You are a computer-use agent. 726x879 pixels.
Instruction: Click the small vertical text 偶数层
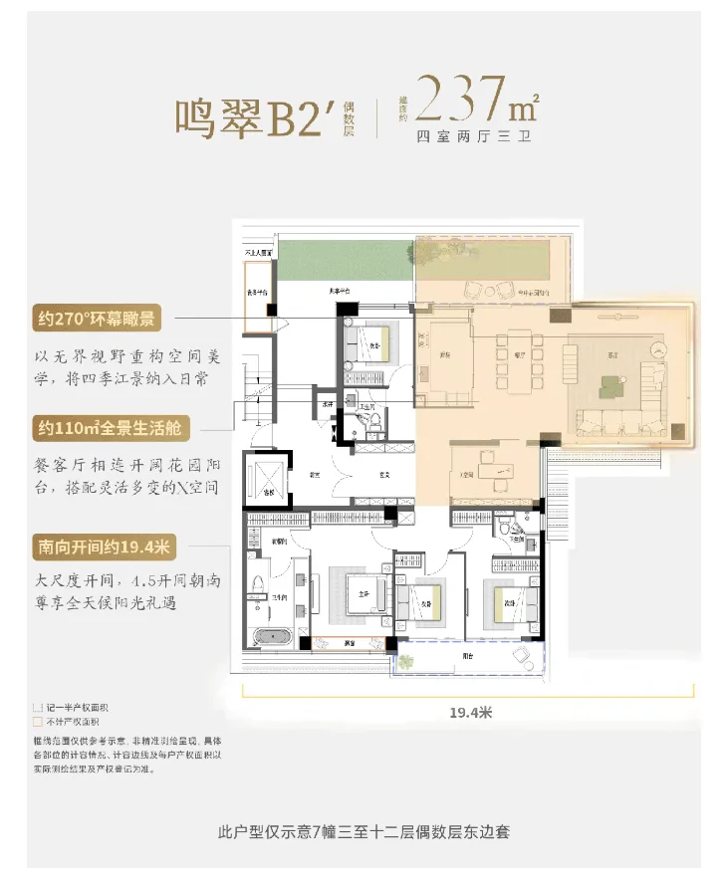(349, 115)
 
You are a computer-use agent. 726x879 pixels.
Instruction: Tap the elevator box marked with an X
(270, 478)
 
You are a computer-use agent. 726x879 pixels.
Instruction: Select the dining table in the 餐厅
(515, 351)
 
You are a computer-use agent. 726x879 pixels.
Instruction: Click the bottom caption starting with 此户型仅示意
(363, 830)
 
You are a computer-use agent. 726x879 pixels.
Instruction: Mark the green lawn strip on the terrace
(345, 260)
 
